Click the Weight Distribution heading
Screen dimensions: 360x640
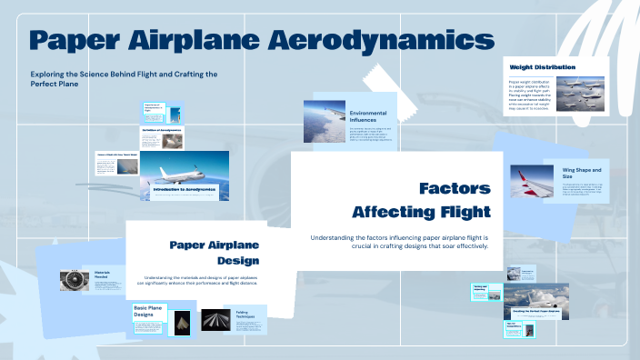click(535, 67)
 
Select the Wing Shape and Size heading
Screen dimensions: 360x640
click(581, 173)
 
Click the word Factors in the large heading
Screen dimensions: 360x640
click(455, 189)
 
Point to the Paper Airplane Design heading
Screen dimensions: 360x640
click(215, 253)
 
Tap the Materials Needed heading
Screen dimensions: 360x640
click(102, 275)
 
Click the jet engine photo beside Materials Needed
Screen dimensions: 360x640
click(73, 281)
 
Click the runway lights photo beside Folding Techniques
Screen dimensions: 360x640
click(215, 321)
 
